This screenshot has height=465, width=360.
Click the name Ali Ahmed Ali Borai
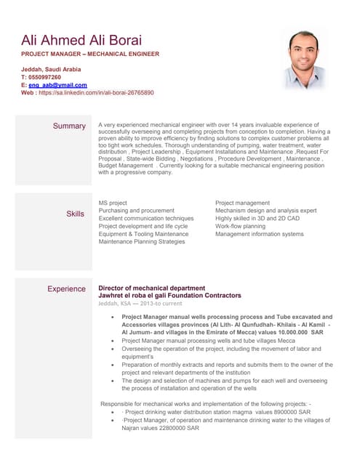point(81,40)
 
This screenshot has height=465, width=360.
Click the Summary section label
point(69,126)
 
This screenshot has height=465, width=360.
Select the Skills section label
point(76,214)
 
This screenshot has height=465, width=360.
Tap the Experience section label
point(66,289)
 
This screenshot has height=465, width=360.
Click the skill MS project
point(113,203)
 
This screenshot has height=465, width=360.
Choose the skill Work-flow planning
point(240,226)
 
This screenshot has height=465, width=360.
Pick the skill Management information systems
point(260,234)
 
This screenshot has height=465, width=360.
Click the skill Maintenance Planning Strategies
point(142,242)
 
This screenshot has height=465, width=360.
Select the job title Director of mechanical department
point(151,288)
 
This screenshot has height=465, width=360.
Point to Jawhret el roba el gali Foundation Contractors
point(169,296)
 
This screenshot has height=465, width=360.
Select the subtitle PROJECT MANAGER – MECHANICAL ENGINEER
point(90,54)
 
